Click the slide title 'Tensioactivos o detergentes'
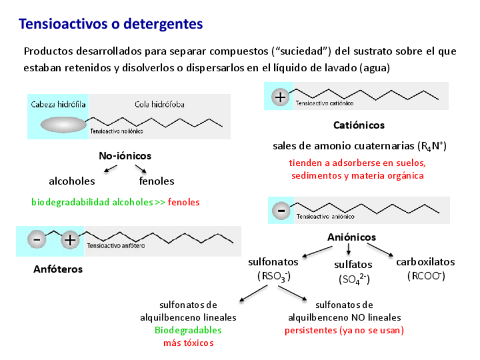[x=110, y=24]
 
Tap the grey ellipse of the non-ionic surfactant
[x=63, y=125]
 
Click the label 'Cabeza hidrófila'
[x=58, y=104]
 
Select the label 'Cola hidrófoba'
[x=159, y=104]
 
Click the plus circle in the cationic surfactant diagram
[x=280, y=97]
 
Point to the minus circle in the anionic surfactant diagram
[x=281, y=211]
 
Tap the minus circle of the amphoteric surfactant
[x=37, y=240]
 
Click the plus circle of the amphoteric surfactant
[x=70, y=240]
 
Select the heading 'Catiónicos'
[x=359, y=125]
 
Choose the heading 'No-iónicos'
[x=125, y=156]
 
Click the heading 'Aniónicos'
[x=352, y=238]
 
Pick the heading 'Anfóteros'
[x=58, y=269]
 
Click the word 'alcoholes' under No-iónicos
[x=72, y=182]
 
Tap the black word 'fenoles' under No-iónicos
[x=156, y=182]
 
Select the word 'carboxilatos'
[x=425, y=262]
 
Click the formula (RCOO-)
[x=426, y=276]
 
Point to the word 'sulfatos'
[x=353, y=264]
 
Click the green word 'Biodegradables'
[x=188, y=331]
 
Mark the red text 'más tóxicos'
[x=188, y=343]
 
